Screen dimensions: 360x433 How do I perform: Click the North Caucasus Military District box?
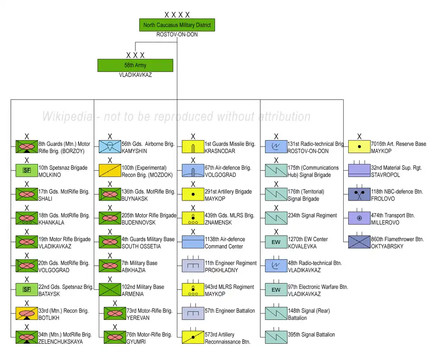pos(177,25)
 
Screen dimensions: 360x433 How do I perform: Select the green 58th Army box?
pos(135,65)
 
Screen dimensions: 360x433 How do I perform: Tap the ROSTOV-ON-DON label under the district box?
pos(177,35)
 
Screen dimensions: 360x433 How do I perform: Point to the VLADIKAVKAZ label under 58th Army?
pos(135,75)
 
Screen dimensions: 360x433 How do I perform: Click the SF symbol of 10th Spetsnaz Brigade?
pos(27,171)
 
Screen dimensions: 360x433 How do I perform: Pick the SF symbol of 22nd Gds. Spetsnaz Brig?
pos(27,290)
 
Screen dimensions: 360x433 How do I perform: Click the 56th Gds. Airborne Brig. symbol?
pos(110,147)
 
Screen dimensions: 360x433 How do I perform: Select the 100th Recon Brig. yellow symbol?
pos(110,171)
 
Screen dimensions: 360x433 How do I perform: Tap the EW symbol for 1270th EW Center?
pos(276,242)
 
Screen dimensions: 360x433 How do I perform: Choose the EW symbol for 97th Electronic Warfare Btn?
pos(276,290)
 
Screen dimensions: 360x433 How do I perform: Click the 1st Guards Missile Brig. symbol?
pos(193,147)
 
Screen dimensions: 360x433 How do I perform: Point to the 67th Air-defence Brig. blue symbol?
pos(193,171)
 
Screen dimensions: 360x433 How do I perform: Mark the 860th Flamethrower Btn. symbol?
pos(359,242)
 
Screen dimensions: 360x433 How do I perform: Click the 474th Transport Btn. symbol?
pos(359,219)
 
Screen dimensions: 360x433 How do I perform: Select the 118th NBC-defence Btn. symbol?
pos(359,195)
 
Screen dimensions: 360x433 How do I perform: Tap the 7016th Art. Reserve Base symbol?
pos(359,147)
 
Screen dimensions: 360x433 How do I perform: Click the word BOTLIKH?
pos(49,318)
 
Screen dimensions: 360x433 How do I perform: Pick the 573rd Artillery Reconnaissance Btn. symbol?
pos(193,338)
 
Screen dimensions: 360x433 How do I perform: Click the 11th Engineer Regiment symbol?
pos(193,266)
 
